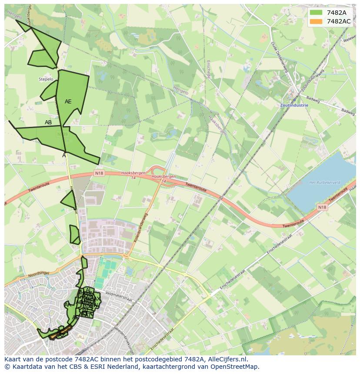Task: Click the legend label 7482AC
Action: (339, 21)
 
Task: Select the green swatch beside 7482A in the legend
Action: (317, 13)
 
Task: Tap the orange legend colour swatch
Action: (317, 21)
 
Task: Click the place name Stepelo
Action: (46, 79)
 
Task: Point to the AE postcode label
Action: (68, 102)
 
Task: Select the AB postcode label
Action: (48, 122)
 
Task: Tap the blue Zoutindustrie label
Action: (294, 105)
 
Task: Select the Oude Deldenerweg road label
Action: (279, 58)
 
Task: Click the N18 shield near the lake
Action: (322, 208)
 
